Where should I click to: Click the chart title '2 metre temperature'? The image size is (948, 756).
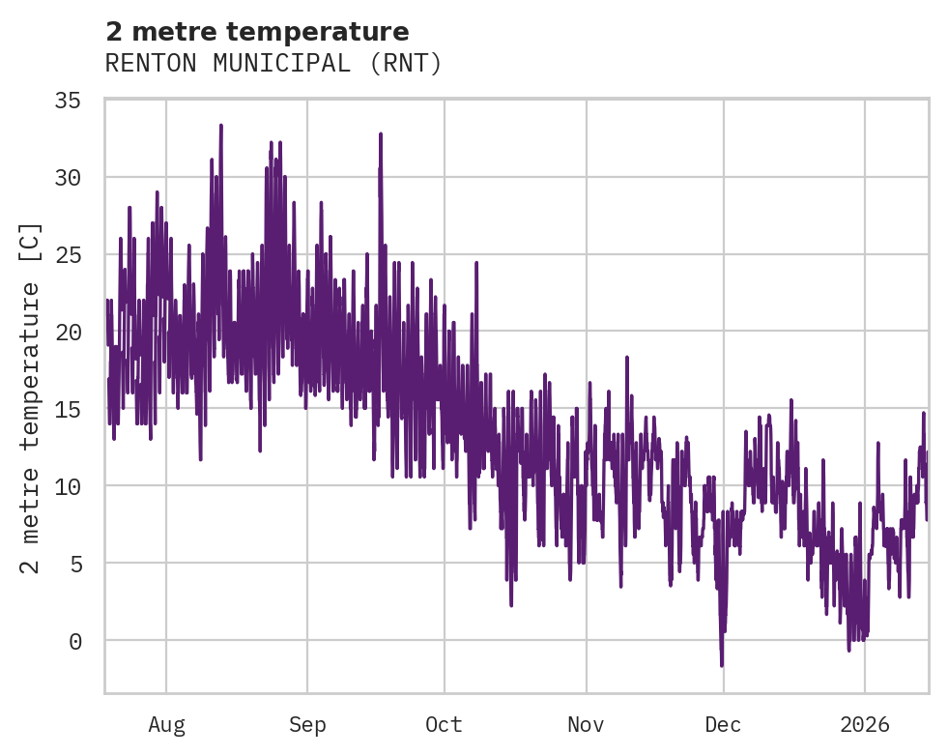coord(257,32)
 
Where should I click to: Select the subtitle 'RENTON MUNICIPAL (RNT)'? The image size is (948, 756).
coord(273,64)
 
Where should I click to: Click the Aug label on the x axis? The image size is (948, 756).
coord(166,724)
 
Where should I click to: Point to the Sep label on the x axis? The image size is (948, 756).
coord(307,724)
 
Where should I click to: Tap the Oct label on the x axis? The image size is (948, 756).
coord(445,724)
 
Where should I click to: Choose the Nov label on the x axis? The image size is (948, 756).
coord(586,724)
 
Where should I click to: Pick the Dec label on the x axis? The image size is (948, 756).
coord(723,724)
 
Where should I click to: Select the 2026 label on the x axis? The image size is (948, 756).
coord(864,724)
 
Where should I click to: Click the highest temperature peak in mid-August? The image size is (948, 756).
coord(221,126)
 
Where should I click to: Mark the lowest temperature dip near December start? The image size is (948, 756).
coord(721,665)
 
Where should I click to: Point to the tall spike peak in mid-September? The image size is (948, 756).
coord(381,134)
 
